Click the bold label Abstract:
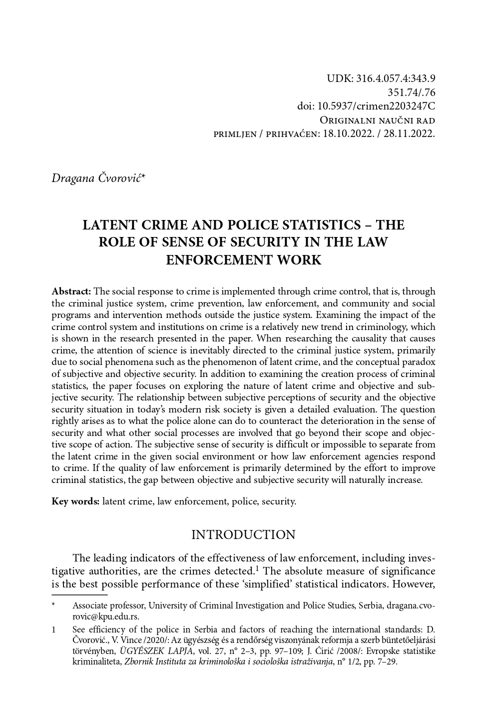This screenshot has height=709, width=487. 71,291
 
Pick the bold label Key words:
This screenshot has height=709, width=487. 76,501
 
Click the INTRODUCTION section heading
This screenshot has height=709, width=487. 243,535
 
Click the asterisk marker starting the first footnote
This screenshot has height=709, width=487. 53,605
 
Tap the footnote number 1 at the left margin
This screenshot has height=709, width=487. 54,630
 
